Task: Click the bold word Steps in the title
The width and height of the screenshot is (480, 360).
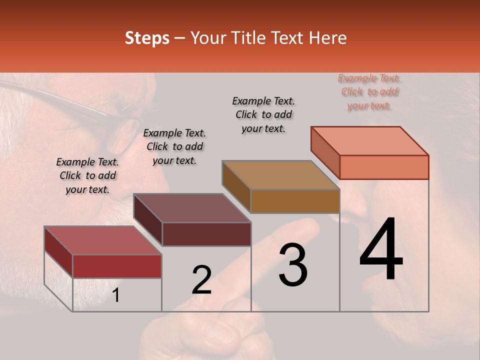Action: tap(147, 38)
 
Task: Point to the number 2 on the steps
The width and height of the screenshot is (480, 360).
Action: tap(201, 279)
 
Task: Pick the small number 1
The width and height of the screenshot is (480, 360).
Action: tap(116, 295)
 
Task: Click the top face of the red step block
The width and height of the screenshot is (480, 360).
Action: tap(102, 240)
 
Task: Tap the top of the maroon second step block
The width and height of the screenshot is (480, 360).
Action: tap(192, 208)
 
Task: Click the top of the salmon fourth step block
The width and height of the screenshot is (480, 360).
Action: tap(370, 141)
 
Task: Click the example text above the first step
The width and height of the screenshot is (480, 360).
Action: tap(87, 175)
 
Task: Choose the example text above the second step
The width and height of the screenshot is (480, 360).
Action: tap(174, 146)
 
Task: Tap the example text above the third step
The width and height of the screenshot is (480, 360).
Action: tap(263, 114)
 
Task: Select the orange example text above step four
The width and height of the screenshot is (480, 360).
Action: tap(369, 92)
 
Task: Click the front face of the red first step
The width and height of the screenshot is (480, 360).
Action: tap(117, 266)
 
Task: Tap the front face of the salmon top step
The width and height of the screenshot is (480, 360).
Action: tap(384, 167)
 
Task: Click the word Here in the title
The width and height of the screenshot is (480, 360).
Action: tap(328, 38)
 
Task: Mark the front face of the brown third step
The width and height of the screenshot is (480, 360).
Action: tap(295, 201)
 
